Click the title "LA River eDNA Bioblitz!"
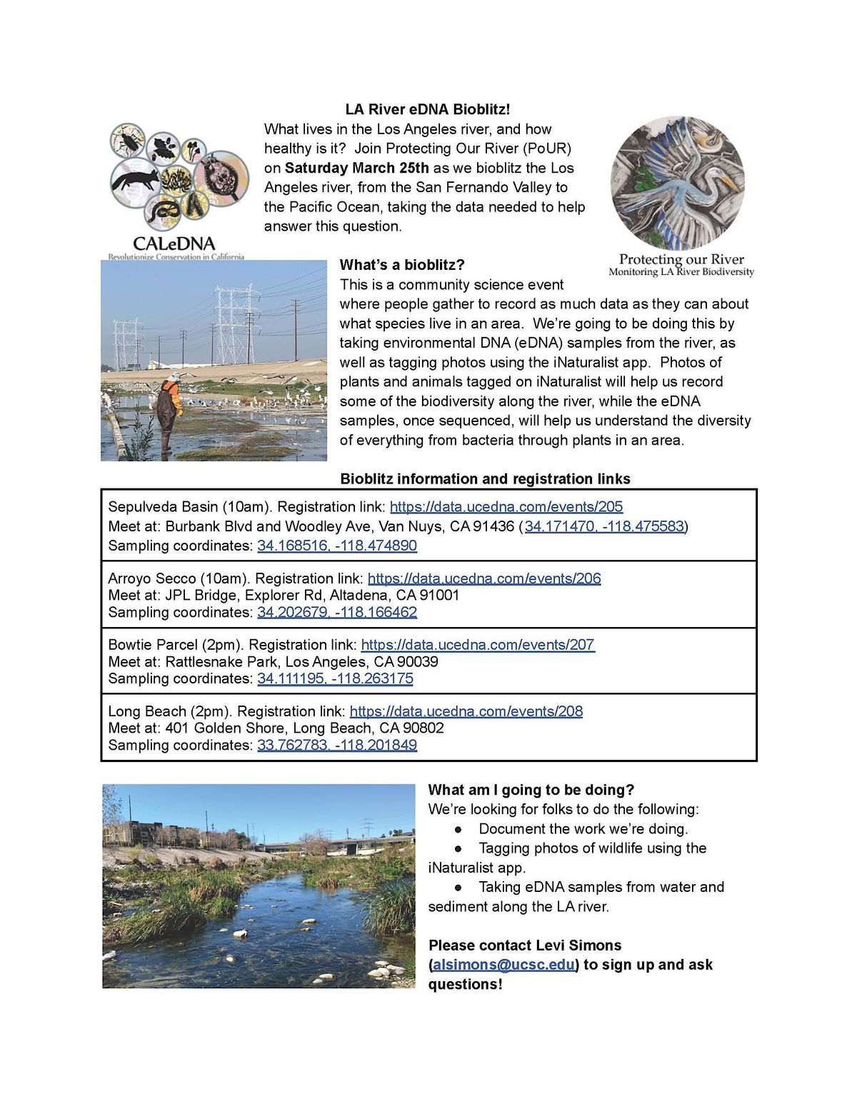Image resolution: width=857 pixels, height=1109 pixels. pos(427,109)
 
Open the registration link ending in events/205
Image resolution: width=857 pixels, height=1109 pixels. pos(506,507)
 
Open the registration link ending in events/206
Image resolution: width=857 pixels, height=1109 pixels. pos(483,578)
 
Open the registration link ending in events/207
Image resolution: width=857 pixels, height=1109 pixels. pos(477,645)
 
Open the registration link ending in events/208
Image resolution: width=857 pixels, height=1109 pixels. pos(466,711)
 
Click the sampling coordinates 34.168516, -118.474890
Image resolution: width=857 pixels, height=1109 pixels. pos(336,546)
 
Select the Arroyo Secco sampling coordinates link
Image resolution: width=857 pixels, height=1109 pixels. pos(336,612)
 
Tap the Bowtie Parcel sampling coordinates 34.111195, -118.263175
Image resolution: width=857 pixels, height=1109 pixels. pos(334,678)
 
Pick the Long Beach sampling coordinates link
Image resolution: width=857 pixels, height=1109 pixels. pos(336,745)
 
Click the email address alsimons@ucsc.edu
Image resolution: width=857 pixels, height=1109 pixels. pos(503,965)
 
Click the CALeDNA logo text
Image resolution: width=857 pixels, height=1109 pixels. pos(174,244)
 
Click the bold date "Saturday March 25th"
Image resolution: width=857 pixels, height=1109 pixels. pos(356,168)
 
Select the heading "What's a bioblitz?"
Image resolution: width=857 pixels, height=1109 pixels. pos(402,265)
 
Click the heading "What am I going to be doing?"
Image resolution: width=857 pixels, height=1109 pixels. pos(531,790)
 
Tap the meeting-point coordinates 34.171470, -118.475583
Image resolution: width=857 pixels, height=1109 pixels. pos(604,526)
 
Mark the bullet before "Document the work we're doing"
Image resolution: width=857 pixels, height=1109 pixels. pos(458,829)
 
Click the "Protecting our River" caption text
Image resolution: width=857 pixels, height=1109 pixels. pos(681,259)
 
